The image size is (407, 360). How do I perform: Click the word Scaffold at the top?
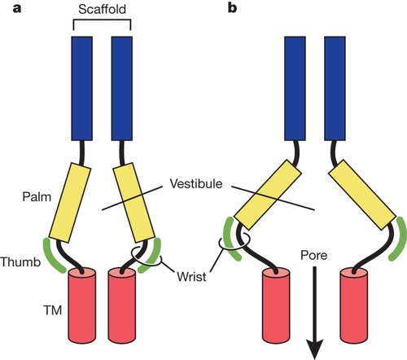coord(102,9)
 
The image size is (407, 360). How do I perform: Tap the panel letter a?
coord(17,8)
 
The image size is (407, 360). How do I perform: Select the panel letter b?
coord(232,7)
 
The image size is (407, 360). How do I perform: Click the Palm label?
coord(37,197)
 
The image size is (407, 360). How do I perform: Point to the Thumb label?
coord(20,262)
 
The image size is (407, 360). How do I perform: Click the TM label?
coord(53,310)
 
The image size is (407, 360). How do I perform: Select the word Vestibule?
coord(196,184)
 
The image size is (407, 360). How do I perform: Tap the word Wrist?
coord(191,277)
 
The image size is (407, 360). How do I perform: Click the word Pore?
coord(313,255)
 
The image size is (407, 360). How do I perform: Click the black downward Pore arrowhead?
coord(315,349)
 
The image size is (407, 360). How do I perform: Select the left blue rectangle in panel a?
coord(82,89)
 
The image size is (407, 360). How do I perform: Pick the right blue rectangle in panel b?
coord(335,89)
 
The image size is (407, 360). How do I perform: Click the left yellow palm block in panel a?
coord(70,202)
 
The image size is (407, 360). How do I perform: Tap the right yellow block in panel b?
coord(362,195)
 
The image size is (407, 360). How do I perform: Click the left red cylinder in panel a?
coord(82,305)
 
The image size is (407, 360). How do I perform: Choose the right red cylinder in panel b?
coord(354,305)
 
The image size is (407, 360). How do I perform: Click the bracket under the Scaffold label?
coord(102,20)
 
